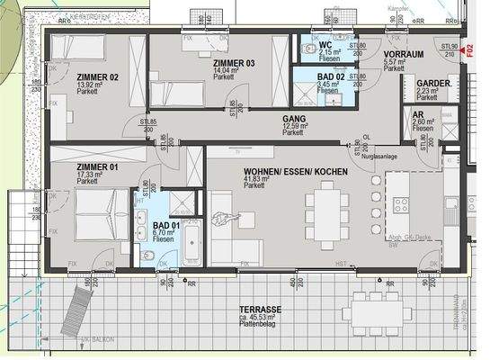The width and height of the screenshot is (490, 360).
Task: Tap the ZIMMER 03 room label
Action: click(x=234, y=63)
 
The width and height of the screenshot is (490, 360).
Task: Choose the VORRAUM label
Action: click(x=402, y=54)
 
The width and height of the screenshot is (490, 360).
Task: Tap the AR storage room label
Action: click(x=418, y=117)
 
